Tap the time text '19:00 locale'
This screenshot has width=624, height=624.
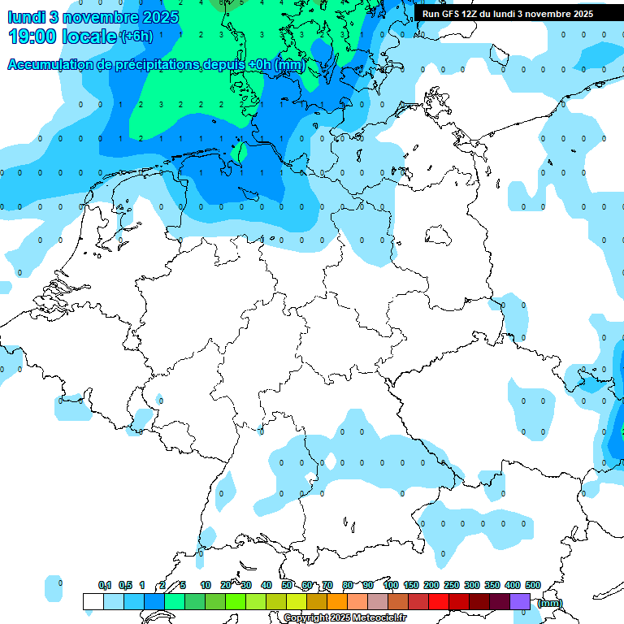pyautogui.click(x=63, y=37)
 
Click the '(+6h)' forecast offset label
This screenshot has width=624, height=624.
pyautogui.click(x=135, y=37)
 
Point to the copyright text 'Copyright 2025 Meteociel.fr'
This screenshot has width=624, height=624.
pyautogui.click(x=344, y=618)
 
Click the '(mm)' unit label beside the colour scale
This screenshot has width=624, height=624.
pyautogui.click(x=549, y=602)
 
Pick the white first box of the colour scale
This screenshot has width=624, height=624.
pyautogui.click(x=93, y=601)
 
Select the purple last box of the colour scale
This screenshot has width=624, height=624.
pyautogui.click(x=520, y=601)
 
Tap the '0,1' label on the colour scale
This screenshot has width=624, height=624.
pyautogui.click(x=105, y=585)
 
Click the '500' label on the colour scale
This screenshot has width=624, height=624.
pyautogui.click(x=533, y=585)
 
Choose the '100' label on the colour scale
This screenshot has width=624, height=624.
pyautogui.click(x=391, y=585)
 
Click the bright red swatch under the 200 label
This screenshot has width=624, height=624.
pyautogui.click(x=439, y=601)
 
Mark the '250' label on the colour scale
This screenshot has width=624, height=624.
pyautogui.click(x=452, y=585)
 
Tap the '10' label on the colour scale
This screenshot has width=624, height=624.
pyautogui.click(x=206, y=585)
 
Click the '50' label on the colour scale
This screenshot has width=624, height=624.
pyautogui.click(x=287, y=585)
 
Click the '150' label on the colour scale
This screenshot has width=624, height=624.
pyautogui.click(x=411, y=585)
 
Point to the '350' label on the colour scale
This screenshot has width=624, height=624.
pyautogui.click(x=492, y=585)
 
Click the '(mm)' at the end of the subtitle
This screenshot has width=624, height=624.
pyautogui.click(x=289, y=64)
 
